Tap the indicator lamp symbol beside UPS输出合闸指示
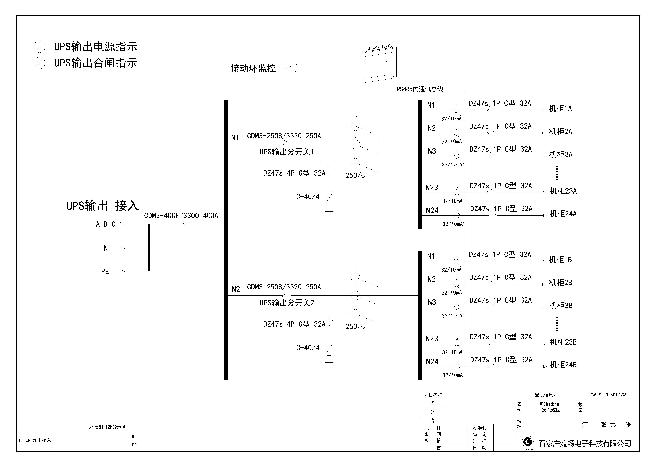pyautogui.click(x=39, y=63)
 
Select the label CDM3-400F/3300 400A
pyautogui.click(x=181, y=216)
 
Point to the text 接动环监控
pyautogui.click(x=253, y=68)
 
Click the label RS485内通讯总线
pyautogui.click(x=420, y=89)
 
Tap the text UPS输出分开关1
pyautogui.click(x=287, y=152)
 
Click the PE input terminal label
pyautogui.click(x=105, y=272)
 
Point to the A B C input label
pyautogui.click(x=106, y=224)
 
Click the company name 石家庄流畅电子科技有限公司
pyautogui.click(x=585, y=444)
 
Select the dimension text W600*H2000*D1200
pyautogui.click(x=609, y=395)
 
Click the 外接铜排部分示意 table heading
pyautogui.click(x=108, y=427)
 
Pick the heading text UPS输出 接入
pyautogui.click(x=103, y=206)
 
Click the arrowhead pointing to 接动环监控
pyautogui.click(x=291, y=68)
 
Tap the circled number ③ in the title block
pyautogui.click(x=433, y=421)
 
